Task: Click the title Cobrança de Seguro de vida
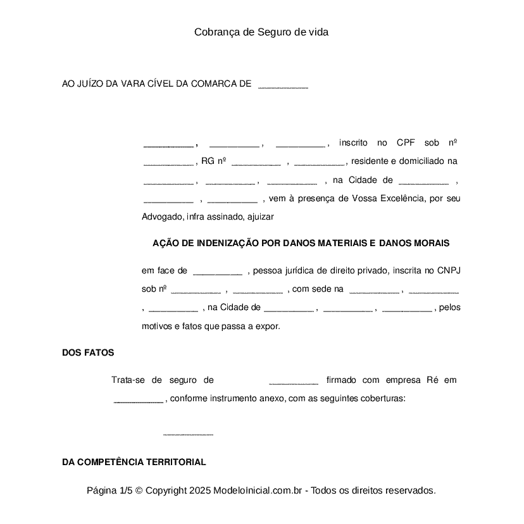(261, 32)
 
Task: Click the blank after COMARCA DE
(283, 85)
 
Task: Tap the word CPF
(406, 142)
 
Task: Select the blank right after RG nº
(256, 162)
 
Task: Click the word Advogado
(162, 217)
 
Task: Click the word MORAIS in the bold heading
(432, 243)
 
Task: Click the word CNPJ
(449, 271)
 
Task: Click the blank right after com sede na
(374, 290)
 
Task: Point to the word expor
(268, 327)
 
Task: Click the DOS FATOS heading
(88, 353)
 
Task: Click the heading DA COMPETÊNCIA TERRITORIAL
(134, 462)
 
